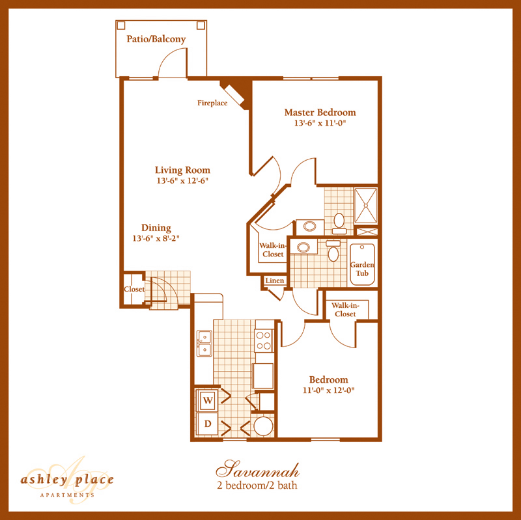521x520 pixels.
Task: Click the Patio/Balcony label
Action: pos(156,39)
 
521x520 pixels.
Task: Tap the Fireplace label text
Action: pos(212,103)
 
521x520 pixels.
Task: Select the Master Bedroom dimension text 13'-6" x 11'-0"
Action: pos(320,123)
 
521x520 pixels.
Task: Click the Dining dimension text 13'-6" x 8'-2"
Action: pos(155,238)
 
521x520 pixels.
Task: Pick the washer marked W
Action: pos(208,400)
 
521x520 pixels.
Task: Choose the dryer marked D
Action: pos(208,424)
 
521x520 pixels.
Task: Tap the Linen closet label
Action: pos(272,281)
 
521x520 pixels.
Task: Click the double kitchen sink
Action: pos(204,343)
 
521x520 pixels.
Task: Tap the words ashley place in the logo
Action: pos(67,480)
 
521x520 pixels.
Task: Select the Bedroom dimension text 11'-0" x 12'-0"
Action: pos(328,390)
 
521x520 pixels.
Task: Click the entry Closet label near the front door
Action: pos(134,290)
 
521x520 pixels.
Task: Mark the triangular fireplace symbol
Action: pos(237,90)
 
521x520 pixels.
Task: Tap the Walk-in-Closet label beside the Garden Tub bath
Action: pos(272,250)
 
